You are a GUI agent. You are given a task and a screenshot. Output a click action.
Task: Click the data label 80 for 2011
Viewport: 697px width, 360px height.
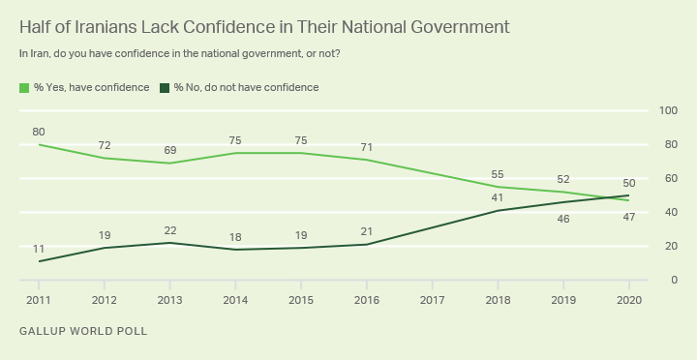point(39,132)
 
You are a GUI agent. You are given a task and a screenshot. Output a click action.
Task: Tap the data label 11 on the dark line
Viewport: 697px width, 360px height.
point(39,249)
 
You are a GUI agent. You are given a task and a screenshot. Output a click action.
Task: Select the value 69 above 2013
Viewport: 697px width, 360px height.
point(169,150)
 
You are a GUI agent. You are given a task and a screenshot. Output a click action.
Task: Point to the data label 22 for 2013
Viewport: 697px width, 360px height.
point(169,230)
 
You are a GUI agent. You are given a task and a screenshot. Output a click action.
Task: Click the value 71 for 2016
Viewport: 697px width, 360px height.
point(367,147)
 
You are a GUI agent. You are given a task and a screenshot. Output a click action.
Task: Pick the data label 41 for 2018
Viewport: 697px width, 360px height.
point(498,197)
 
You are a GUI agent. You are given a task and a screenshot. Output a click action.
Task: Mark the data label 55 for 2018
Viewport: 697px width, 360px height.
point(498,174)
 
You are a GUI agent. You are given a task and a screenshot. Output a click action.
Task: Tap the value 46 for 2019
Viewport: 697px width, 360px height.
point(563,219)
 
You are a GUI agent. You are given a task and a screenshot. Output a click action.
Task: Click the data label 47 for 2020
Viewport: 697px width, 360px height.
point(629,218)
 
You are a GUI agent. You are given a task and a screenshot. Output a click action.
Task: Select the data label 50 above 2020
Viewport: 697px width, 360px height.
point(629,183)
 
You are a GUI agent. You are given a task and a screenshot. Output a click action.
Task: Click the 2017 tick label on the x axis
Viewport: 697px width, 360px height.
point(432,300)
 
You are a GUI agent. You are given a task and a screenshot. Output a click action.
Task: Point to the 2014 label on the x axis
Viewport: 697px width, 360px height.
point(235,300)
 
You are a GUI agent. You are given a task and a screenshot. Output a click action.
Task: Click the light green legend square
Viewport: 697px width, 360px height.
point(24,88)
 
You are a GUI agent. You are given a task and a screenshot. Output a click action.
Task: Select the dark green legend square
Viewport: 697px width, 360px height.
point(165,88)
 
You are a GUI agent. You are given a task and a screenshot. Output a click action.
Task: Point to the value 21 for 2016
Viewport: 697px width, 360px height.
point(367,231)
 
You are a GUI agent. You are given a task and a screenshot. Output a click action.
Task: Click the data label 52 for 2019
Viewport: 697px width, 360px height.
point(563,180)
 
